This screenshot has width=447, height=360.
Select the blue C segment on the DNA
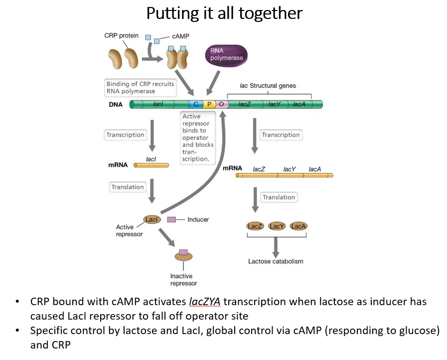tap(196, 104)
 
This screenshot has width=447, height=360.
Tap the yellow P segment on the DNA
tap(209, 104)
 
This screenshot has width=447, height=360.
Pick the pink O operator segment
tap(222, 104)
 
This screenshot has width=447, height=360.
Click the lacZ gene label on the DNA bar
tap(244, 104)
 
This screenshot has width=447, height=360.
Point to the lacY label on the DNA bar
tap(274, 104)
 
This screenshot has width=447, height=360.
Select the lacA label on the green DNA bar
tap(299, 104)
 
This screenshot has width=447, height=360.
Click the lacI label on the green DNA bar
tap(158, 104)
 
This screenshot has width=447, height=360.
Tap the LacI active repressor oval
tap(152, 219)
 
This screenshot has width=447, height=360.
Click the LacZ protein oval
tap(255, 226)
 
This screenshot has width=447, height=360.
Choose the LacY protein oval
tap(277, 226)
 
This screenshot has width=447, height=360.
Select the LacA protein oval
tap(298, 226)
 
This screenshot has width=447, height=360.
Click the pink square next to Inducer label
tap(171, 219)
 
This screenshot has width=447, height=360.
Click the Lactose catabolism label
tap(276, 261)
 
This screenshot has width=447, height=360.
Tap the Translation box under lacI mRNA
tap(128, 187)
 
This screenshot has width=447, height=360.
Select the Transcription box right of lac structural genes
tap(281, 135)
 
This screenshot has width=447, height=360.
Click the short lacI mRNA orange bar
tap(151, 165)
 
